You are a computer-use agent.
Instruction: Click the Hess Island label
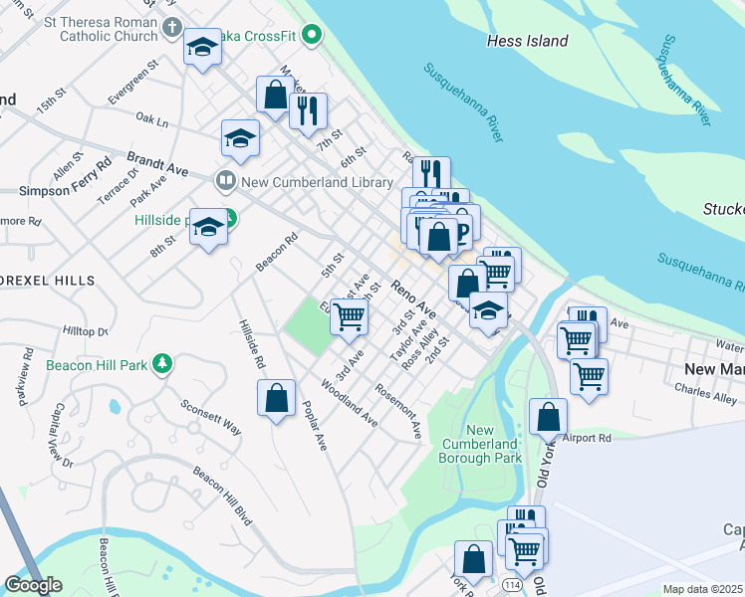pyautogui.click(x=527, y=41)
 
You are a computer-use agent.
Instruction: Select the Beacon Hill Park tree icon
pyautogui.click(x=161, y=365)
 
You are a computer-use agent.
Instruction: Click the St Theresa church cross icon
pyautogui.click(x=171, y=28)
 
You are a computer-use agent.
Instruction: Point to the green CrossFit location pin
pyautogui.click(x=312, y=37)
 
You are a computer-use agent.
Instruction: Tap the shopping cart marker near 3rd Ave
pyautogui.click(x=349, y=316)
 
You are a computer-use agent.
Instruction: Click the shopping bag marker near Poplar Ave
pyautogui.click(x=277, y=399)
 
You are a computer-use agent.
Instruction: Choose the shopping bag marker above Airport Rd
pyautogui.click(x=548, y=417)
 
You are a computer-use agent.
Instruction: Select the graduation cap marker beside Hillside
pyautogui.click(x=208, y=227)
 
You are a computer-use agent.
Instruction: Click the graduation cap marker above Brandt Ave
pyautogui.click(x=240, y=139)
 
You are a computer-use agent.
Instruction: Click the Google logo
pyautogui.click(x=33, y=584)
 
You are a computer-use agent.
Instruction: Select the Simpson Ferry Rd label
pyautogui.click(x=64, y=190)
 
